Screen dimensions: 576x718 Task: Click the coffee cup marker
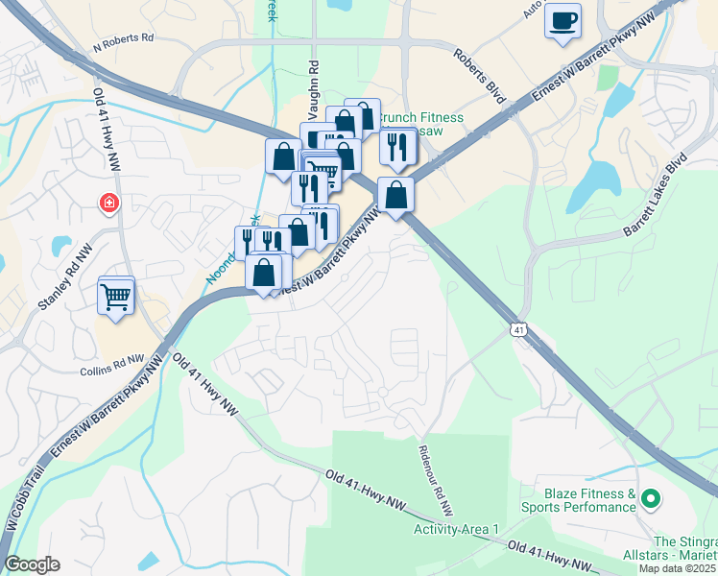click(562, 20)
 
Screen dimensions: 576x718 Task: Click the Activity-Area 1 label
click(456, 529)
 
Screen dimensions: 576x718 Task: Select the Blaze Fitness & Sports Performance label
click(579, 500)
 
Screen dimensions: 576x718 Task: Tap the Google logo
click(32, 564)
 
